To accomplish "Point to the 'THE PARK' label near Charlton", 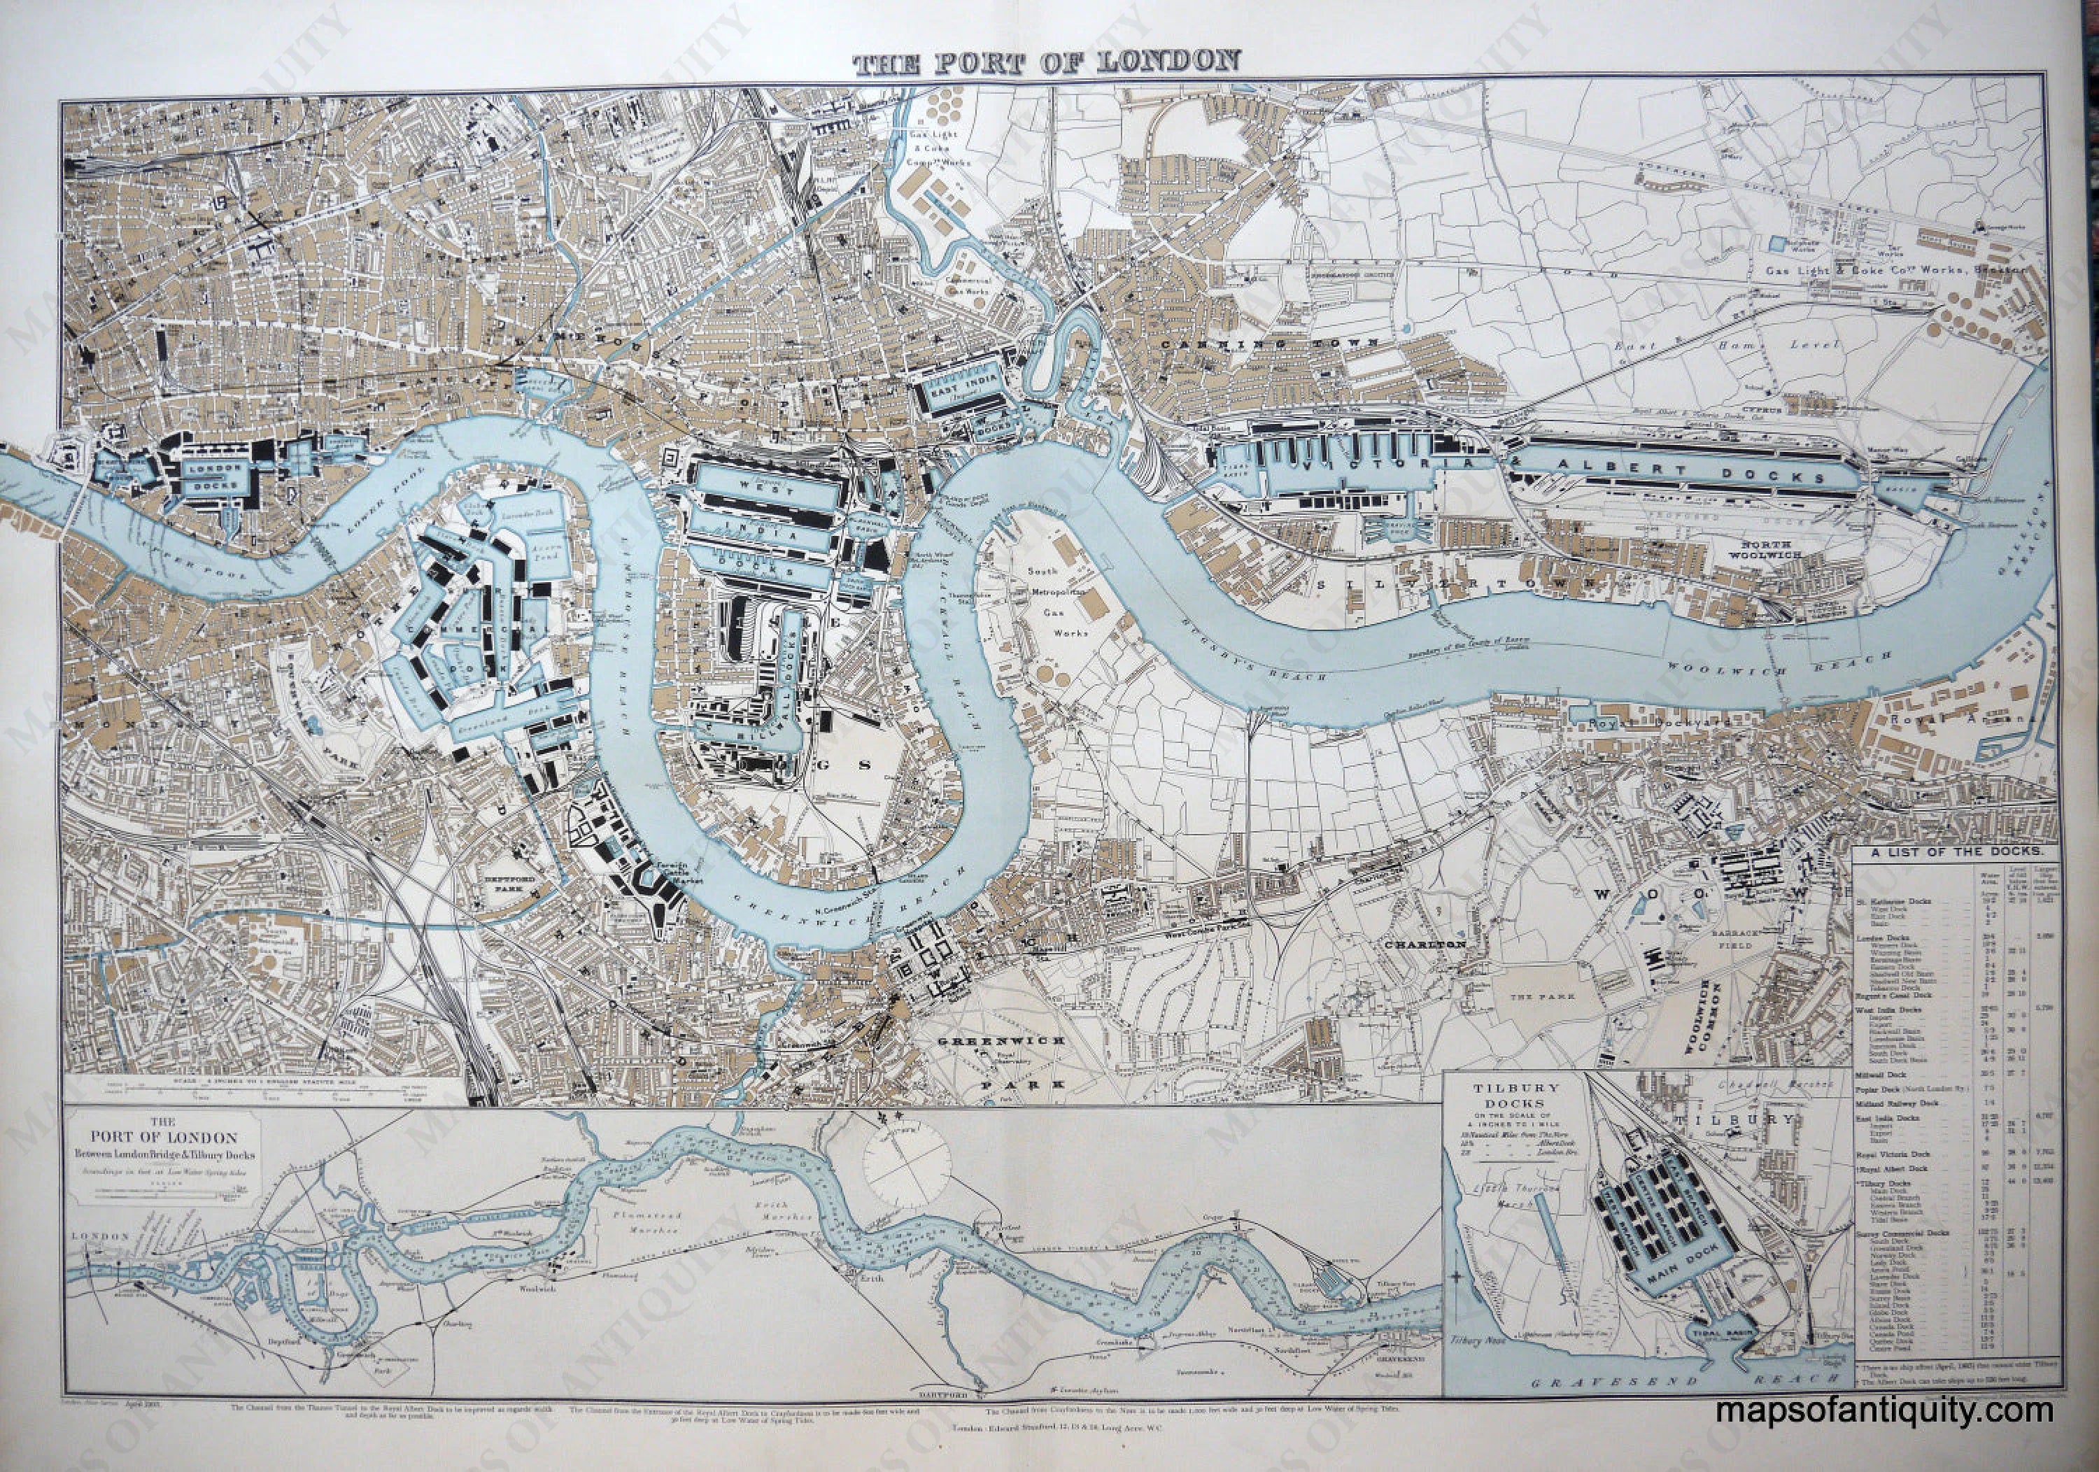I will [1548, 996].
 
